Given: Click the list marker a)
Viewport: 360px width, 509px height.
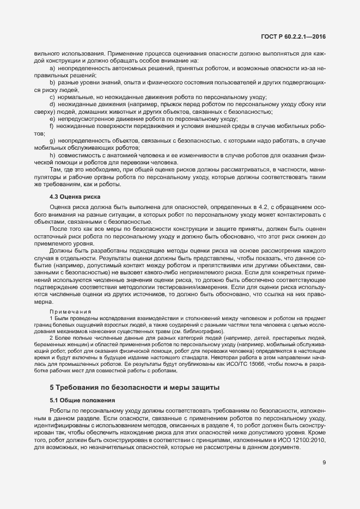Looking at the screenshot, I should (52, 69).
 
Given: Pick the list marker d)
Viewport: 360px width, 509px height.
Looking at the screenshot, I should (52, 104).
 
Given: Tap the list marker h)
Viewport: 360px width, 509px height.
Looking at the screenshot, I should (52, 155).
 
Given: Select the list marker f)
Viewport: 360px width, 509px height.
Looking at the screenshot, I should (52, 126).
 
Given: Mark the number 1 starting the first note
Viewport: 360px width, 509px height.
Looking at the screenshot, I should (51, 317).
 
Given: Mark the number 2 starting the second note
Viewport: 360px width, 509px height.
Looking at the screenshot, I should (51, 338).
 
